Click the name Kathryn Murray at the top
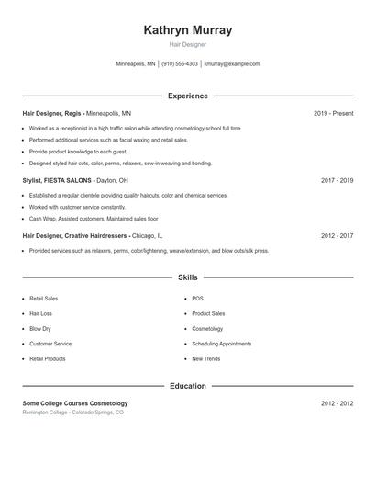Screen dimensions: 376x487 tap(188, 30)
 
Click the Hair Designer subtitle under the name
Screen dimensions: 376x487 tap(188, 44)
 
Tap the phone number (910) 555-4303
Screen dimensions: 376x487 tap(179, 64)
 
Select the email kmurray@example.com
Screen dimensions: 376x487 tap(232, 64)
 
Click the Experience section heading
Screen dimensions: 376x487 tap(188, 96)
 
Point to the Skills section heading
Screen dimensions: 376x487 tap(188, 277)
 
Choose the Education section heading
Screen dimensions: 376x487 tap(188, 386)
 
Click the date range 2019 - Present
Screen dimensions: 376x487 tap(333, 114)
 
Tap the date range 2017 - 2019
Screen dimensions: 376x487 tap(337, 181)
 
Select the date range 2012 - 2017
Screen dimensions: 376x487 tap(337, 236)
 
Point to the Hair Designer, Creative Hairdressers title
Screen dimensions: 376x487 tap(75, 236)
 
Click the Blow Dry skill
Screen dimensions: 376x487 tap(40, 328)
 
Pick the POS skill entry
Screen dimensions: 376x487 tap(197, 299)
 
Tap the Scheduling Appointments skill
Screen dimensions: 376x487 tap(221, 344)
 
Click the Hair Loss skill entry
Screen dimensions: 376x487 tap(41, 313)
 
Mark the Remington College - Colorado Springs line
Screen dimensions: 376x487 tap(72, 413)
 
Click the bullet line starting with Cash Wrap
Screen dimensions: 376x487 tap(81, 219)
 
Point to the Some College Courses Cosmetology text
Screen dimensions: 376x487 tap(75, 403)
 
